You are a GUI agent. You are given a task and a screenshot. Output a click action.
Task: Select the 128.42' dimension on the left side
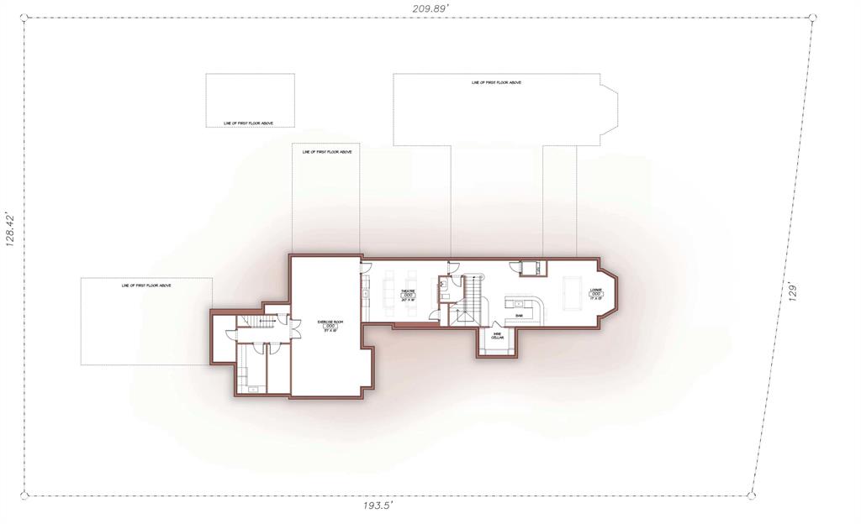coord(11,228)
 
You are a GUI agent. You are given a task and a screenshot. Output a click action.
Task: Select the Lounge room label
coord(595,294)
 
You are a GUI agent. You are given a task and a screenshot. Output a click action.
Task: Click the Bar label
coord(519,316)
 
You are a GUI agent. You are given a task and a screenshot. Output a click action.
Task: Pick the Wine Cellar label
coord(497,338)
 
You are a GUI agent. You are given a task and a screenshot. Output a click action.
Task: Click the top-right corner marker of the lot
coord(813,16)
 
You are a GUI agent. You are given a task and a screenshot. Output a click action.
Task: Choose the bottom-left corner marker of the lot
coord(24,496)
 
